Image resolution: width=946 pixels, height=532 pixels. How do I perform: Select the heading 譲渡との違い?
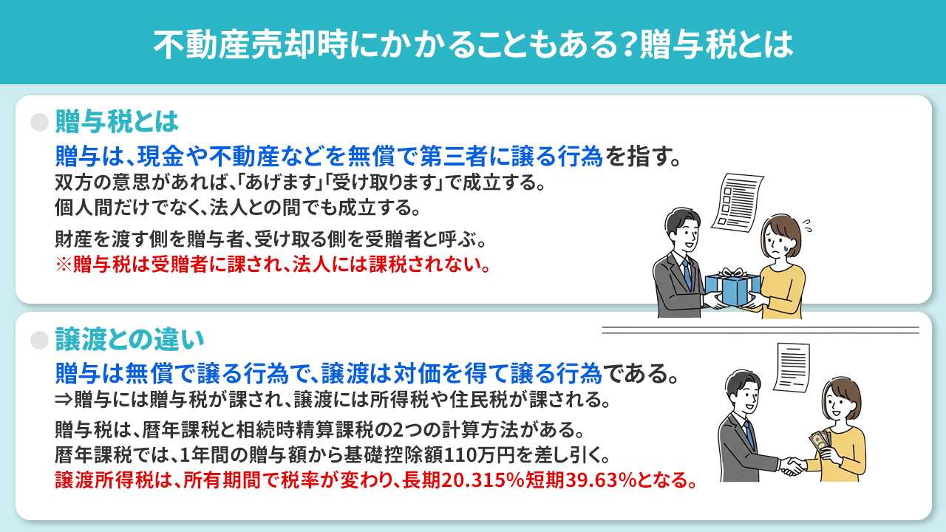[x=129, y=340]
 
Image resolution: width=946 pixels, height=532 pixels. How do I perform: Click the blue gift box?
[x=732, y=288]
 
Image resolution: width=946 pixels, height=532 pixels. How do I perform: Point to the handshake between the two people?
[x=794, y=465]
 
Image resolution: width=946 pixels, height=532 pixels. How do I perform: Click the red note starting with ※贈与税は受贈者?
[x=273, y=265]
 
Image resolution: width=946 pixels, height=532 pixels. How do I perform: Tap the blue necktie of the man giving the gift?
[x=688, y=274]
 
